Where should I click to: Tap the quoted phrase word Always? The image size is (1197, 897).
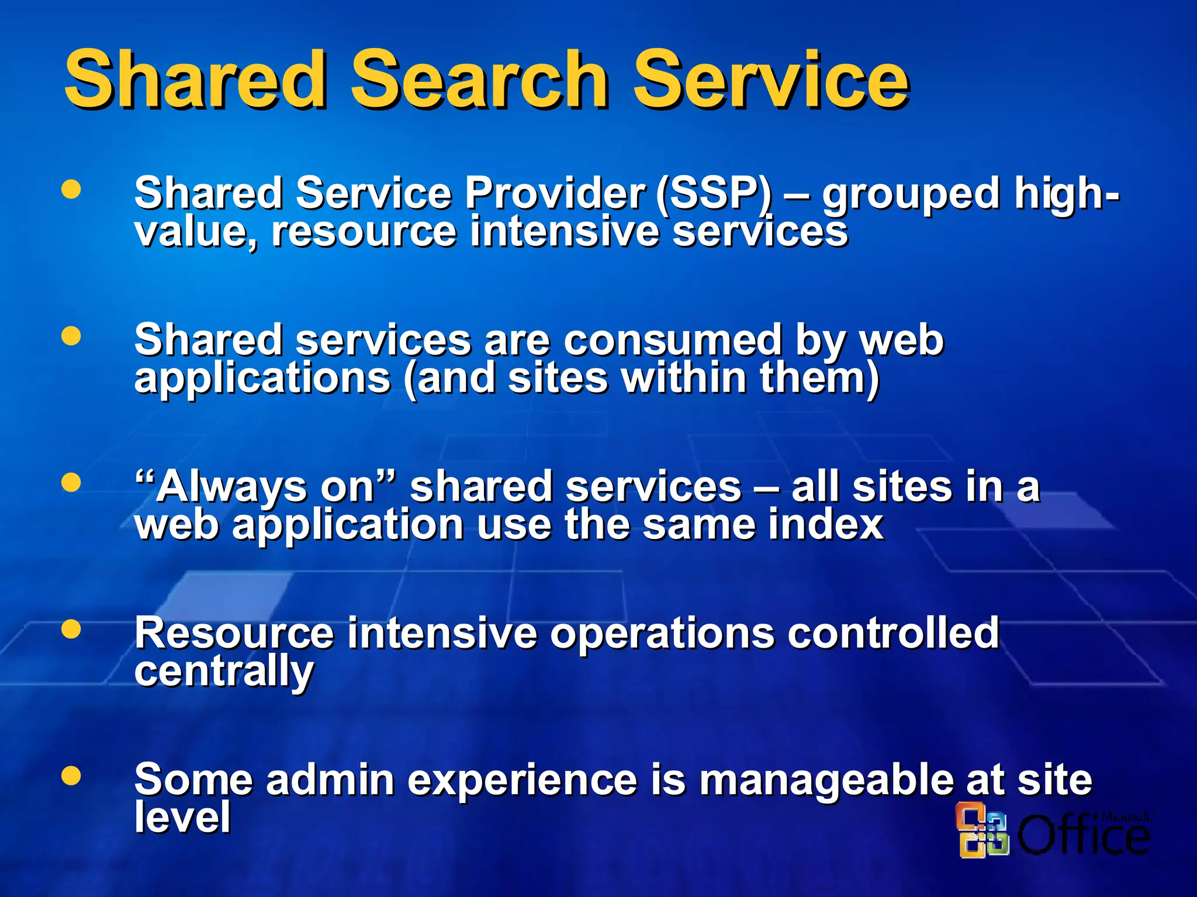(x=231, y=487)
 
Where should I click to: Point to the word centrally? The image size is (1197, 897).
(x=224, y=672)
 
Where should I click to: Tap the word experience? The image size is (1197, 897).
(x=522, y=781)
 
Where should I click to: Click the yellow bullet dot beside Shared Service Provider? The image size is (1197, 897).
(x=71, y=189)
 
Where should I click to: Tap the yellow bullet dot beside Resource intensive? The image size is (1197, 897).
(x=71, y=629)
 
